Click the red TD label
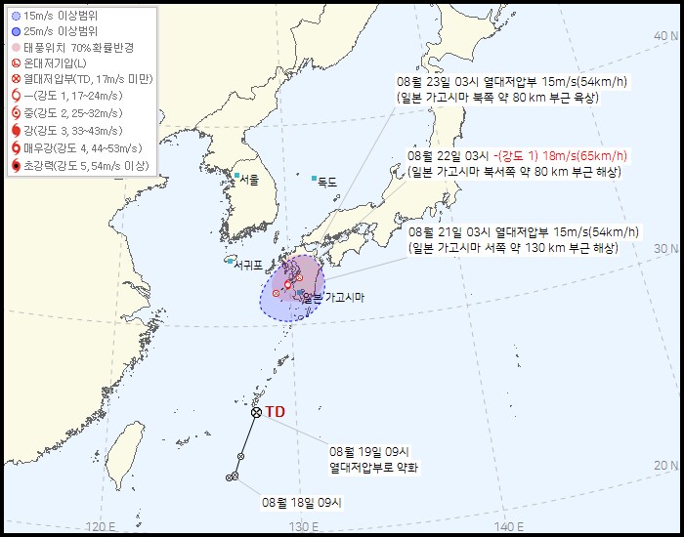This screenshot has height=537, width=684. point(275,412)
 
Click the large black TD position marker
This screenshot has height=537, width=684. point(256,412)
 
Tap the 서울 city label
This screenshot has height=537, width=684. point(249,180)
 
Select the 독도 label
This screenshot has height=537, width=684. point(326,182)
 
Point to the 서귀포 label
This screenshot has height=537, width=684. point(248,262)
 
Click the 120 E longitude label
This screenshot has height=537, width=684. point(101,527)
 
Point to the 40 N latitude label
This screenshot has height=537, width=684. point(665,35)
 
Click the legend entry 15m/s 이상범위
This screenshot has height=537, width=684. point(59,17)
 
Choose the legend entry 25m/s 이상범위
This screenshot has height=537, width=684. point(59,32)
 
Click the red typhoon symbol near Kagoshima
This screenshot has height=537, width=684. point(287,285)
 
